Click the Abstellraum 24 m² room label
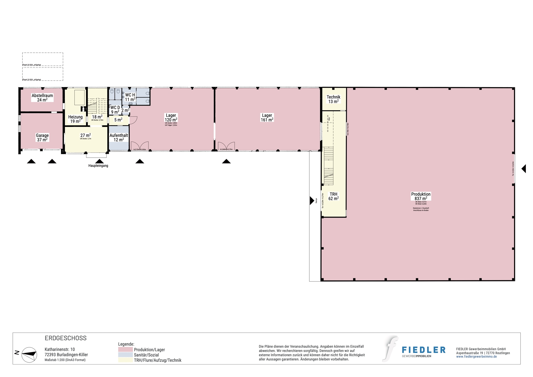click(42, 98)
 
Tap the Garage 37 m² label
click(42, 137)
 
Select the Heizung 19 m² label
click(75, 119)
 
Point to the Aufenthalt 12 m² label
click(119, 137)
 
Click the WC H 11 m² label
click(130, 97)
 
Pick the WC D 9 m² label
click(115, 110)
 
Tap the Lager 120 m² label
click(171, 118)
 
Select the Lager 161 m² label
click(267, 118)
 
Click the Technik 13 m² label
click(333, 99)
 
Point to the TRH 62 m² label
click(333, 196)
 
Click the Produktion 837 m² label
click(421, 196)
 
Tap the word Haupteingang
click(98, 166)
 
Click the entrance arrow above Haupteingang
click(99, 161)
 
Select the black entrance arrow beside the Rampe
click(312, 200)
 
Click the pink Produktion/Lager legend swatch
click(125, 349)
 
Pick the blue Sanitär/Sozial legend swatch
click(125, 355)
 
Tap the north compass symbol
click(29, 355)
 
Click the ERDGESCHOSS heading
click(66, 338)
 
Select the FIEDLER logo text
click(423, 350)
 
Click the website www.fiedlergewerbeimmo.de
click(476, 357)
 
